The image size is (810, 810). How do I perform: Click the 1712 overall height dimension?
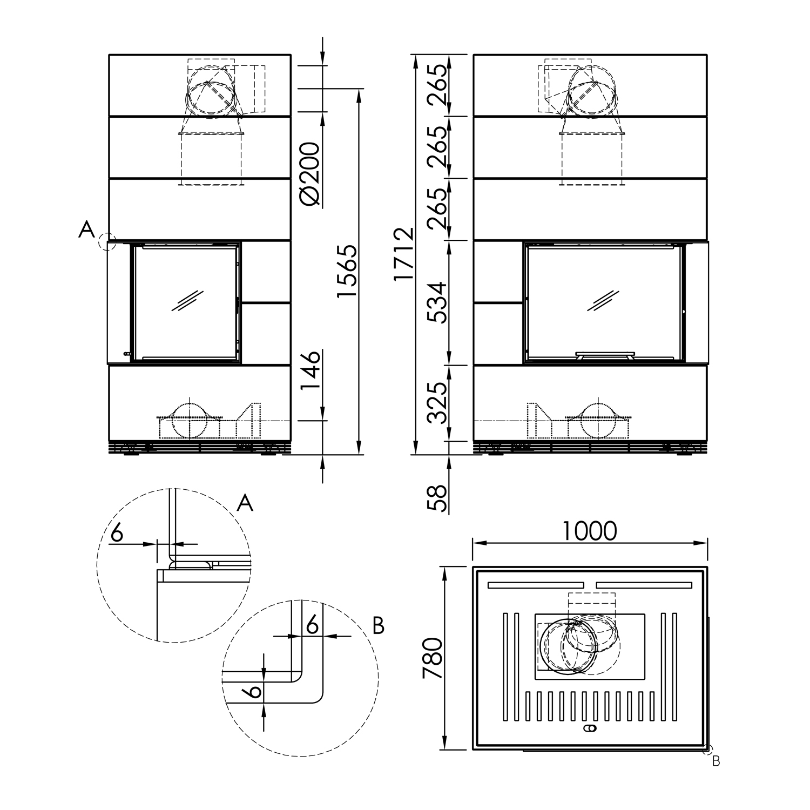click(404, 254)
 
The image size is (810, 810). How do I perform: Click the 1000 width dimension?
click(590, 531)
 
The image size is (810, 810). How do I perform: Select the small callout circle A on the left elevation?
click(107, 241)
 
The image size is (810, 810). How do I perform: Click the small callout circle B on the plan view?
click(708, 750)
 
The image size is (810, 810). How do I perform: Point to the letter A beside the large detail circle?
click(245, 503)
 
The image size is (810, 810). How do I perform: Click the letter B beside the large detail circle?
click(379, 626)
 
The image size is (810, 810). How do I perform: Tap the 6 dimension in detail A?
click(117, 533)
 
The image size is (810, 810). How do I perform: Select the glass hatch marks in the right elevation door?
click(604, 300)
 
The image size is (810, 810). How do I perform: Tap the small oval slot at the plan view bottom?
click(590, 729)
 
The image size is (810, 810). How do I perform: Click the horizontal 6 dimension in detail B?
click(312, 625)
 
